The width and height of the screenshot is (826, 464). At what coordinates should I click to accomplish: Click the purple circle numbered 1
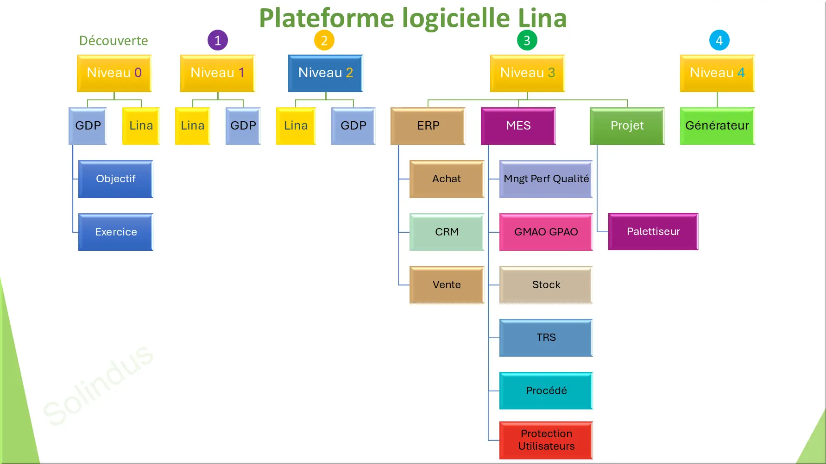pos(218,40)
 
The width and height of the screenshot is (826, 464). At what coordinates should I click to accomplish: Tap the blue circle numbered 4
pos(719,40)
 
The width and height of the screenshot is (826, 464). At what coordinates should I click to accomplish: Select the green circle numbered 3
pos(527,40)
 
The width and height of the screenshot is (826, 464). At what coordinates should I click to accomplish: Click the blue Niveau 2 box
pos(325,73)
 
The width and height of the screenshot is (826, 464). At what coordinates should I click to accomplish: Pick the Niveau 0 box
pos(114,73)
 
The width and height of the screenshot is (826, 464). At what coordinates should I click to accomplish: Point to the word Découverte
pos(113,41)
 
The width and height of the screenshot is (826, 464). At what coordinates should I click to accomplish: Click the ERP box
pos(428,126)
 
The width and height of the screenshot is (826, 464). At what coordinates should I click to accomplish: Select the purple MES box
pos(518,126)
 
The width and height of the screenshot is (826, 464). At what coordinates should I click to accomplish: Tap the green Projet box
pos(627,126)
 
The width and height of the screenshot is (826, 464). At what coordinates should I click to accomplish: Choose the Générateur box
pos(717,126)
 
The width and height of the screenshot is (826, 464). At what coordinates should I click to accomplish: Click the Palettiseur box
pos(653,231)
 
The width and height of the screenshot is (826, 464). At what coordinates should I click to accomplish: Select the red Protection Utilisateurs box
pos(546,440)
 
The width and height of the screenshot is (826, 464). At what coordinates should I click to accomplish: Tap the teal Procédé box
pos(546,390)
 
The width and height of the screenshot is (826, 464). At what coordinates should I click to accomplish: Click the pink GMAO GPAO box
pos(546,232)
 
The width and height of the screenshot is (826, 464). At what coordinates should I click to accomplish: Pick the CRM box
pos(447,232)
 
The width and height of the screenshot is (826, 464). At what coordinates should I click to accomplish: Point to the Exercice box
pos(115,232)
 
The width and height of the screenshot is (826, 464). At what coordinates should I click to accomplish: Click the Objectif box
pos(115,179)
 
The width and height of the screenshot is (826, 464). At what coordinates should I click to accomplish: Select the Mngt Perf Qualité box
pos(546,179)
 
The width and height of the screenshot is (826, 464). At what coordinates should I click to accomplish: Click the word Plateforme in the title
pos(327,19)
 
